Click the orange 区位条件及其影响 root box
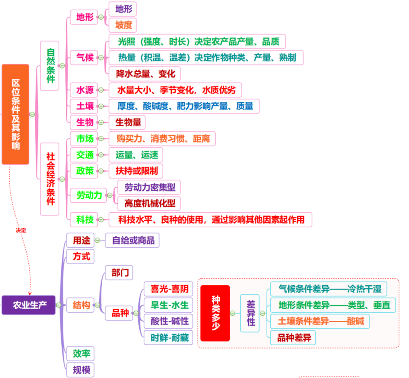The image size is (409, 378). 15,114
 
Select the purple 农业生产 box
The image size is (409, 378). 29,305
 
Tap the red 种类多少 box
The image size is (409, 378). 215,313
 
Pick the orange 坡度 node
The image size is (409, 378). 123,25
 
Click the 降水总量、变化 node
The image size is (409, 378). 145,74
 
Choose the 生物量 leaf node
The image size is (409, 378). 127,123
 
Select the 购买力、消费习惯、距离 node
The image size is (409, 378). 162,138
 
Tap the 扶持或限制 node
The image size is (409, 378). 136,171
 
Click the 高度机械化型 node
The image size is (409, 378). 149,203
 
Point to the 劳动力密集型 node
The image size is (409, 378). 149,187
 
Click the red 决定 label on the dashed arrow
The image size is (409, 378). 21,230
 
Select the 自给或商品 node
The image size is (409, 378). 132,240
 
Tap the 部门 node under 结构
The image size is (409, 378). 119,273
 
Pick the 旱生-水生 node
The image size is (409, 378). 168,305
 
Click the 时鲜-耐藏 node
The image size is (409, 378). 168,338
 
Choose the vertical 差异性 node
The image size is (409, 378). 250,313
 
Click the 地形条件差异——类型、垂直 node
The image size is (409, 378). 333,305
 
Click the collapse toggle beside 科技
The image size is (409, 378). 101,220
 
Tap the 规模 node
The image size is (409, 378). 80,369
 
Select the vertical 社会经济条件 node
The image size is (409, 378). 50,179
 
